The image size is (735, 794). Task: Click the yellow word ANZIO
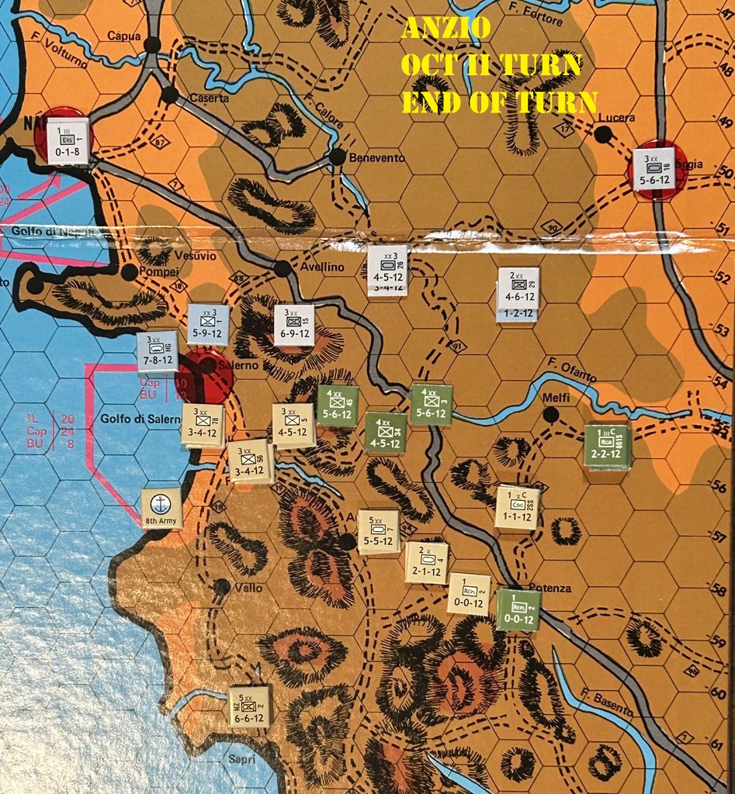pyautogui.click(x=446, y=28)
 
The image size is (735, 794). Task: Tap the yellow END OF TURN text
pyautogui.click(x=498, y=102)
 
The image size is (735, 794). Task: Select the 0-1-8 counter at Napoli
pyautogui.click(x=68, y=140)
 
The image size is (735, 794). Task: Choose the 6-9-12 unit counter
pyautogui.click(x=294, y=325)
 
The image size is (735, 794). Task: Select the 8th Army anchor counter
pyautogui.click(x=161, y=508)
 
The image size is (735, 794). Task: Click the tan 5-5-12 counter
pyautogui.click(x=378, y=531)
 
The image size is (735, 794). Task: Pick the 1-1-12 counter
pyautogui.click(x=517, y=508)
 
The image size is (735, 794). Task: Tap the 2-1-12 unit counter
pyautogui.click(x=426, y=562)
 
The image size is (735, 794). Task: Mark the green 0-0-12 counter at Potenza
pyautogui.click(x=518, y=609)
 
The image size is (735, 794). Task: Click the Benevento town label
pyautogui.click(x=378, y=158)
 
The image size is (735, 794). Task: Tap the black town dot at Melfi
pyautogui.click(x=551, y=415)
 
